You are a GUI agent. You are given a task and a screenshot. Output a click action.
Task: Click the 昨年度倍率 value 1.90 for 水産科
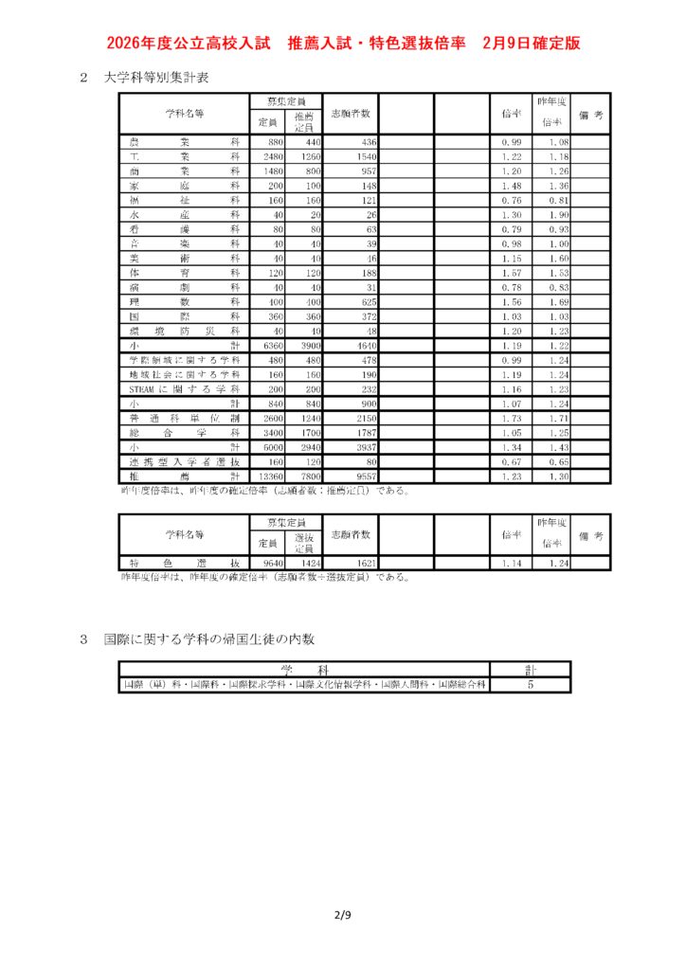coord(558,215)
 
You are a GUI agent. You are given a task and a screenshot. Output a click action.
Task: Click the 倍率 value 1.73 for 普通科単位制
coord(512,418)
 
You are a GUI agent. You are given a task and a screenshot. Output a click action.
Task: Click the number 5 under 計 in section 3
coord(531,684)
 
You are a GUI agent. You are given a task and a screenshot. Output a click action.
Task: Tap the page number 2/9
coord(342,915)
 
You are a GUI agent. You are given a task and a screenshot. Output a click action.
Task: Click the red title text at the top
coord(343,43)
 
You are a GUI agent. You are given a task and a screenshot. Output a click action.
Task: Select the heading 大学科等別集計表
coord(157,78)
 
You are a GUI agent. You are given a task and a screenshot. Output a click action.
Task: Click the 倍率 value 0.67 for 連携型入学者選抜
coord(512,461)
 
